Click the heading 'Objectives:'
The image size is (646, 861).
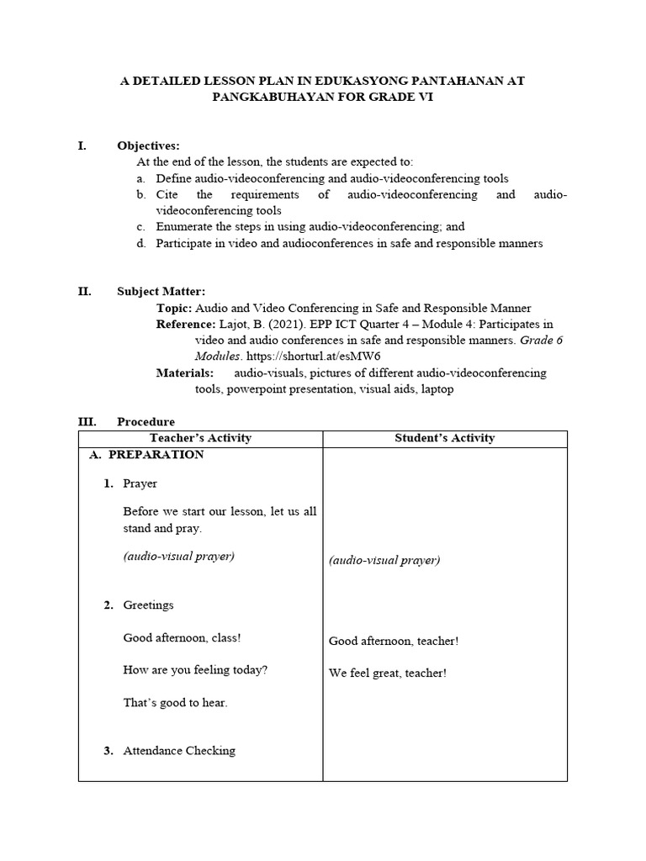[x=148, y=145]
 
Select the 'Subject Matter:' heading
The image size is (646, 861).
[x=161, y=292]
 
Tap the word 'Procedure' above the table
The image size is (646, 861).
[x=146, y=421]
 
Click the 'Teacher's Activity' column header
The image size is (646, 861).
[x=200, y=438]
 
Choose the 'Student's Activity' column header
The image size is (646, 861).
[x=445, y=438]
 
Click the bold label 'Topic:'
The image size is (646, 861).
[x=173, y=308]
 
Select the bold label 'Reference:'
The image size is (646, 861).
[x=185, y=324]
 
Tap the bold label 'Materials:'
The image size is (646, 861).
[x=184, y=372]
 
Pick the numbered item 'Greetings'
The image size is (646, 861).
[x=148, y=605]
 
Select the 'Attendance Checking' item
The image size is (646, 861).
[x=179, y=751]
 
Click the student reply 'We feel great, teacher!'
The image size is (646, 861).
[x=387, y=673]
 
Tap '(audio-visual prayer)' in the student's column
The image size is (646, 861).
[x=384, y=560]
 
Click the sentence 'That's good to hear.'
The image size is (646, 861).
[x=175, y=703]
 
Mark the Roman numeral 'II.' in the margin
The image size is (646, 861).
[x=84, y=292]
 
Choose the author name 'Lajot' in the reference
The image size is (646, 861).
[x=235, y=324]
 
